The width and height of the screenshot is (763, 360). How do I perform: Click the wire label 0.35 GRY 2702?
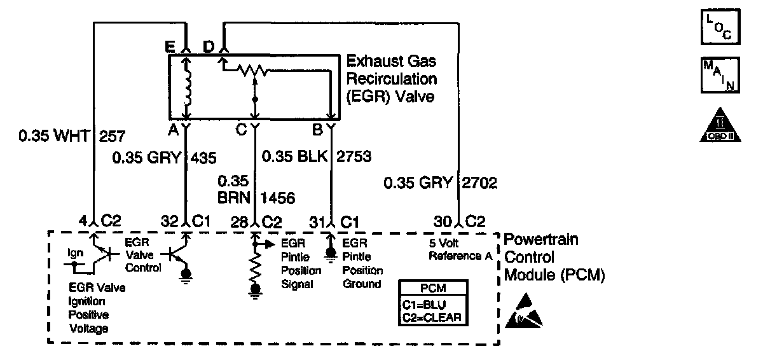[440, 184]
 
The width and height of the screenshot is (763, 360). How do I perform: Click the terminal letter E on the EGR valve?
[169, 46]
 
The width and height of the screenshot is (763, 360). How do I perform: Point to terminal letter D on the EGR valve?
[208, 46]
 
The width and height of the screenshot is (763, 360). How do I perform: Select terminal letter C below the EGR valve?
[240, 130]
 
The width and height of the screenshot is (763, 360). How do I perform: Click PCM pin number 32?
[170, 223]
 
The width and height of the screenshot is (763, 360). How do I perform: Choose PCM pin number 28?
[238, 223]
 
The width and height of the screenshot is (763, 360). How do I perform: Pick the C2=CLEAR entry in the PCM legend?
[432, 316]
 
